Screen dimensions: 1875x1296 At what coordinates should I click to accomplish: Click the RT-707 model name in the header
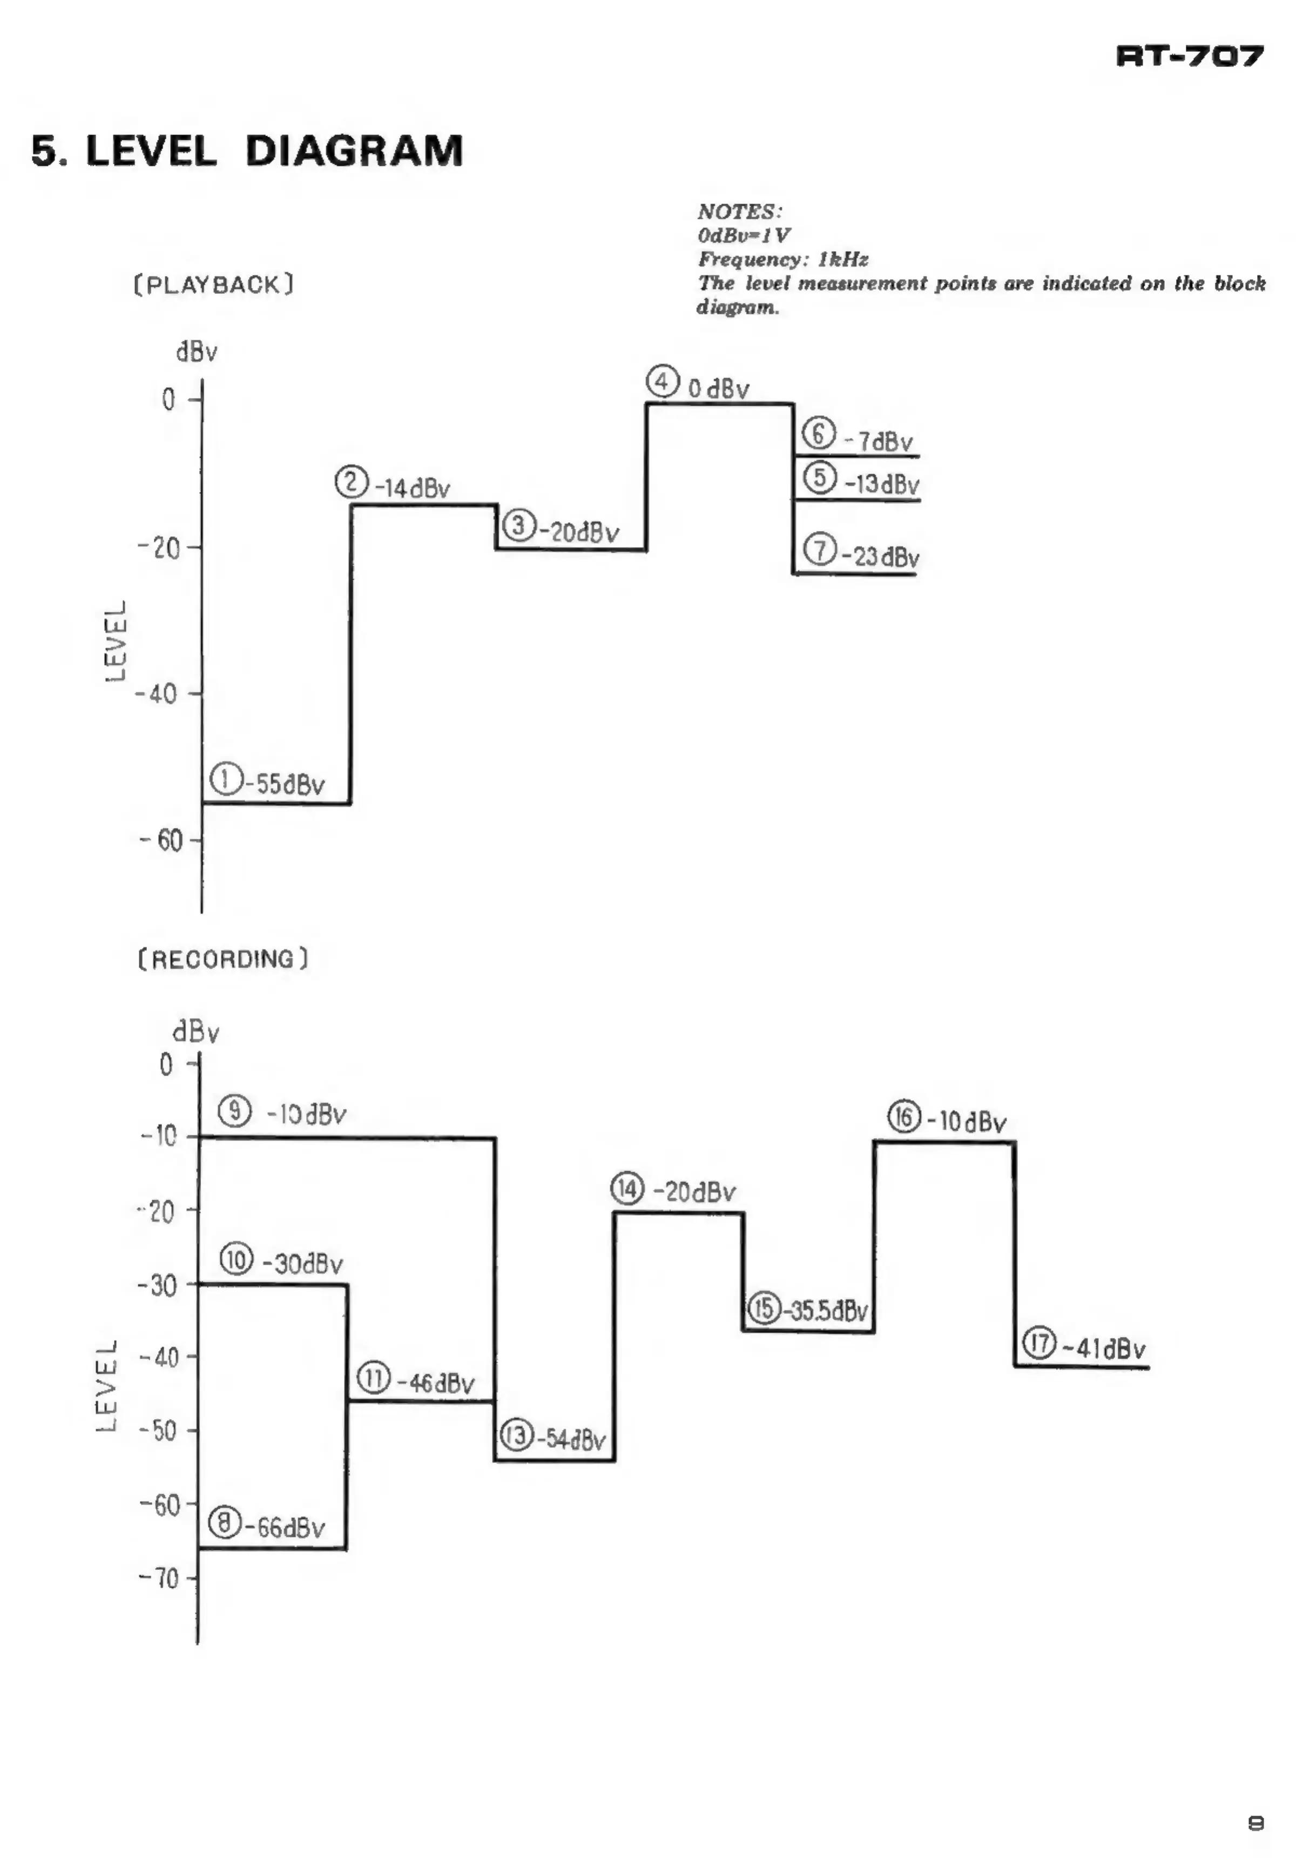(x=1190, y=56)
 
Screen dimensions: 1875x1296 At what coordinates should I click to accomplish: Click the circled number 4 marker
(x=663, y=382)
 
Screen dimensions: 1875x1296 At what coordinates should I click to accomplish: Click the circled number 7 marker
(x=819, y=550)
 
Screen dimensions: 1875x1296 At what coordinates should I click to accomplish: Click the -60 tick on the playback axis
(x=163, y=840)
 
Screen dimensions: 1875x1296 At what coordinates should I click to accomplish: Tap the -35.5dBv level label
(x=824, y=1311)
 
